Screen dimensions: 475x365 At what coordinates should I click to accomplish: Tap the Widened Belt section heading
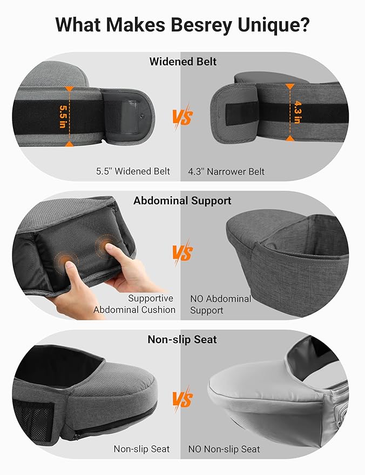(182, 62)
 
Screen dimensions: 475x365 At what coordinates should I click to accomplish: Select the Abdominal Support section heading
(182, 200)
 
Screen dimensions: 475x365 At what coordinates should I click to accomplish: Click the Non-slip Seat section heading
(182, 339)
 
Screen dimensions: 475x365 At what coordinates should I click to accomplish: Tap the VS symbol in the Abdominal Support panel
(182, 253)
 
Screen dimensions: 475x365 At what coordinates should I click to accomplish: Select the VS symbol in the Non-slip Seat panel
(182, 399)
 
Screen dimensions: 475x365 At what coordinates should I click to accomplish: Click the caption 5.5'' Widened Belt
(132, 171)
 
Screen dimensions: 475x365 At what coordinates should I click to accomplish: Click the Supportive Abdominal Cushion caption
(135, 304)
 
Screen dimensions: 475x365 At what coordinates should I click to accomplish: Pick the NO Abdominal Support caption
(221, 304)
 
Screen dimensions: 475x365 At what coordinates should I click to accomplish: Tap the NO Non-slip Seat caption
(224, 449)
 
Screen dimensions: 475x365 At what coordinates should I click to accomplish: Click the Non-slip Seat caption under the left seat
(141, 449)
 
